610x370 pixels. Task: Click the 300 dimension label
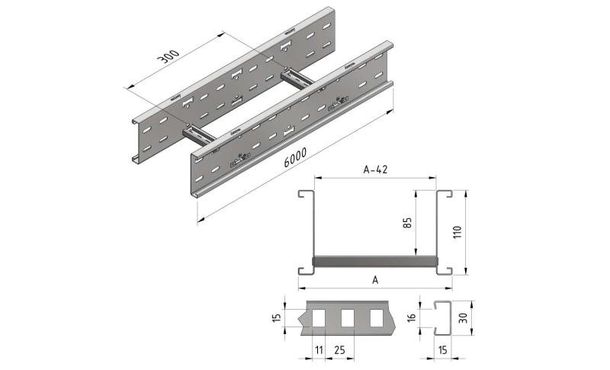click(169, 60)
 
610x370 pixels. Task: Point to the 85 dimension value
click(409, 224)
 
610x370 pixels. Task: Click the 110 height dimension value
click(457, 232)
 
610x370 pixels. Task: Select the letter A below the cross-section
click(374, 280)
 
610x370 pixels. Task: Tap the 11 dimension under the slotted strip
click(319, 350)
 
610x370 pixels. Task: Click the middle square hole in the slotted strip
click(348, 317)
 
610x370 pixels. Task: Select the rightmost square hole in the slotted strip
click(376, 317)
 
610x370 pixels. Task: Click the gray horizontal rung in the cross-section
click(374, 262)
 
